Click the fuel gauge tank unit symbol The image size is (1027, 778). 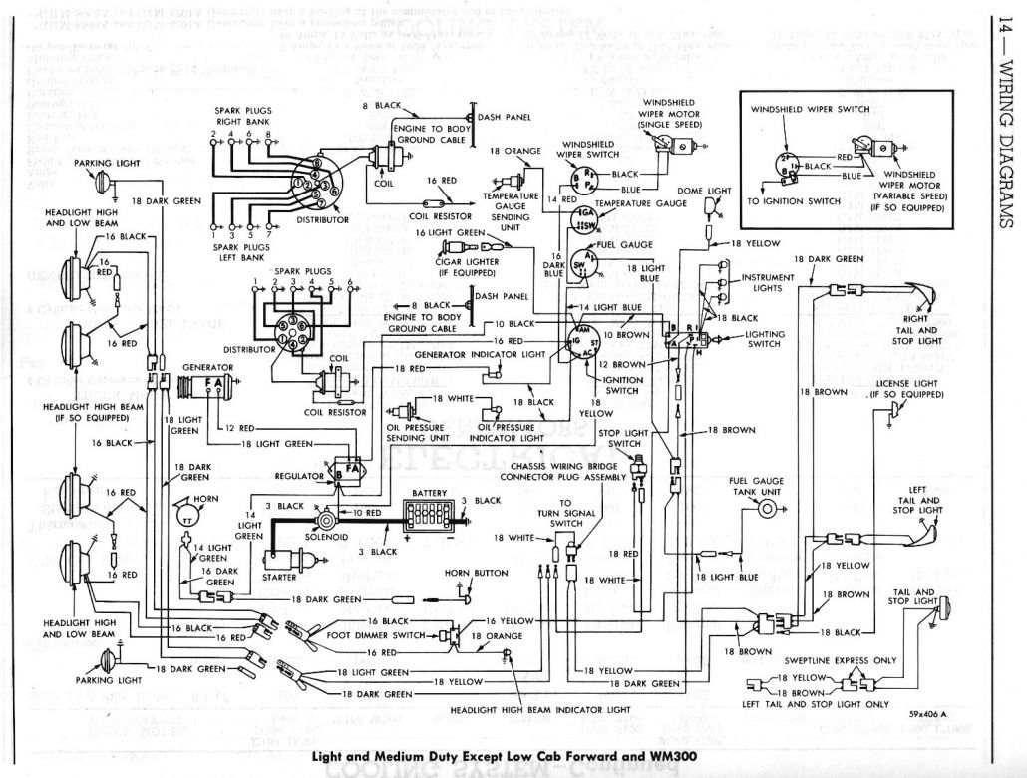[766, 509]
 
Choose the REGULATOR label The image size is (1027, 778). [298, 477]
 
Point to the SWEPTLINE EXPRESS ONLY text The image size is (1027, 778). [841, 660]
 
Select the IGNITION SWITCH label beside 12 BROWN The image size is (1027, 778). [622, 385]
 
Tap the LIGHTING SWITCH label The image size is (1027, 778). [766, 340]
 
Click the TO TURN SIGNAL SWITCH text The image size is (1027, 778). [566, 513]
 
